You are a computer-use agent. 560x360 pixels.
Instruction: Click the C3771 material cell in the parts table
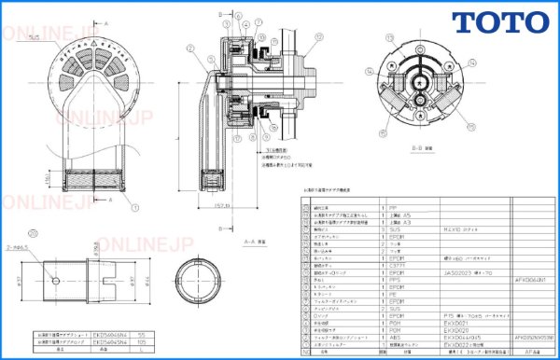[x=399, y=265]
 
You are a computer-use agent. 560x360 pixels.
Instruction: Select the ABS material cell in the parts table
[x=399, y=335]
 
